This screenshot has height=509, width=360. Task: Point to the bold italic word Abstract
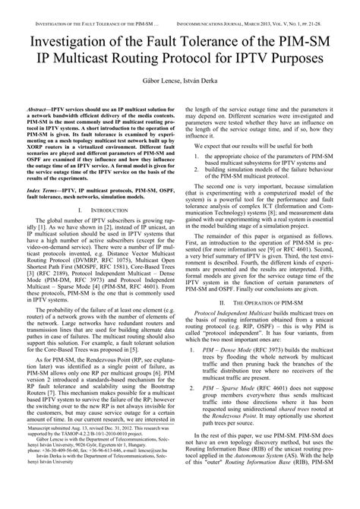click(x=39, y=109)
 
